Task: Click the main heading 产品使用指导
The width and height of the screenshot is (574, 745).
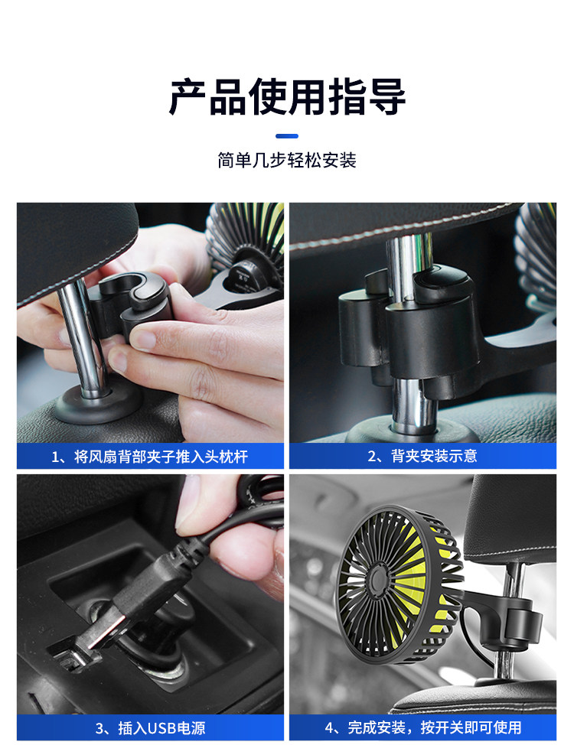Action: (x=287, y=97)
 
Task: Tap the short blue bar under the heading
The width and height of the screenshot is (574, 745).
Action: (x=287, y=136)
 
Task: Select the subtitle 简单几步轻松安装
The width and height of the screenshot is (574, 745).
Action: (x=287, y=161)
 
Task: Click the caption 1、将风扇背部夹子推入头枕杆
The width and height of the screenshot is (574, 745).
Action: (x=150, y=457)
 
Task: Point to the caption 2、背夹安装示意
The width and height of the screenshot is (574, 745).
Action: (x=422, y=456)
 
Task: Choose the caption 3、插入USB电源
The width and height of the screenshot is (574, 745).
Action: (x=150, y=728)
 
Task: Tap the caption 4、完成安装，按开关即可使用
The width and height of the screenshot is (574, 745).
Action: (x=422, y=727)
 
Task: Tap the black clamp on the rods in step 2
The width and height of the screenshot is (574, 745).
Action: (x=409, y=328)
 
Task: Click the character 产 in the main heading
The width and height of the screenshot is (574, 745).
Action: (x=188, y=97)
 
